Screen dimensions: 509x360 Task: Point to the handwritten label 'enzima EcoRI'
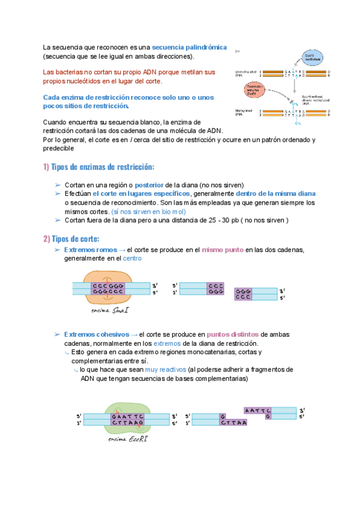click(128, 439)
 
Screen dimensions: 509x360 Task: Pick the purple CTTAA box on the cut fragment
click(234, 423)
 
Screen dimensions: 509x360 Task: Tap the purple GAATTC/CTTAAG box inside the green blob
click(128, 419)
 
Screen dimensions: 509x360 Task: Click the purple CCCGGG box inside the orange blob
click(108, 289)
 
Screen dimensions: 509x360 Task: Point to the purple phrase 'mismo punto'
click(222, 249)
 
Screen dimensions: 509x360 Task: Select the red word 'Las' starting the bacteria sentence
click(49, 72)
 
